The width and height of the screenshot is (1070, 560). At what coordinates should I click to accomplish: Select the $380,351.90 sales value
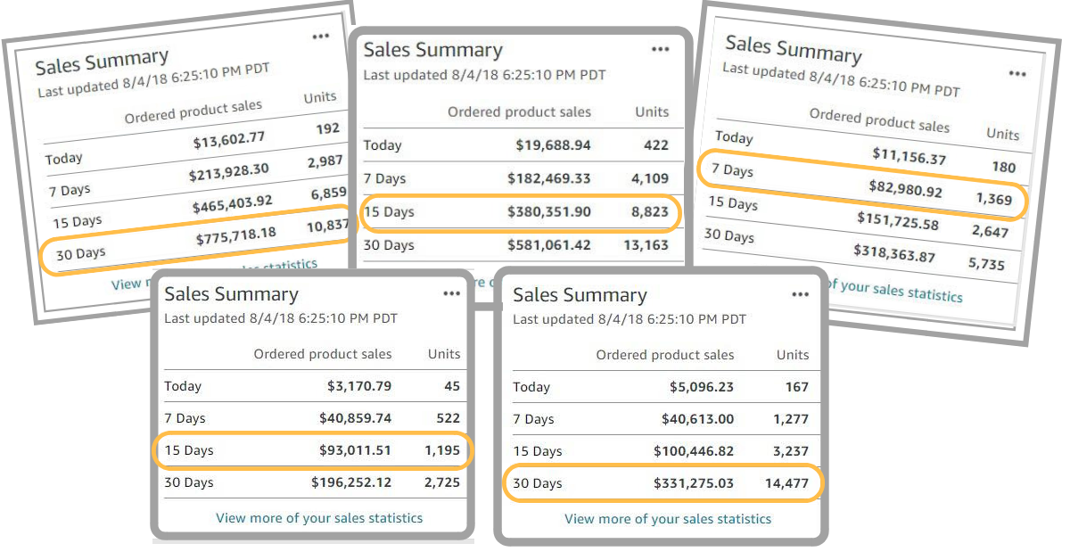(548, 212)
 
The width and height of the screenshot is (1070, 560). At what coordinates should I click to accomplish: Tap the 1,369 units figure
(994, 199)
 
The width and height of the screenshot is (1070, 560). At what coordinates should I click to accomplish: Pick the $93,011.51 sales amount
(355, 450)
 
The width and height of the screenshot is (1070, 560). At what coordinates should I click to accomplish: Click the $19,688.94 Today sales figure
(553, 145)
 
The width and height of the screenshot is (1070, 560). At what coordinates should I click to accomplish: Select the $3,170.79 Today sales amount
(358, 386)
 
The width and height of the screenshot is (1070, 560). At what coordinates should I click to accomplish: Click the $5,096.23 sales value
(702, 387)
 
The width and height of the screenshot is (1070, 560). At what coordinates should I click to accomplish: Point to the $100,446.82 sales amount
(694, 451)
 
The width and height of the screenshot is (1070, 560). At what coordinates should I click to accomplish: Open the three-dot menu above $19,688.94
(660, 50)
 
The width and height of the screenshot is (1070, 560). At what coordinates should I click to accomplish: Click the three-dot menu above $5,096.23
(801, 294)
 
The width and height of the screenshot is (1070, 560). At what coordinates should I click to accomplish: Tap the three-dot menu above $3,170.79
(452, 293)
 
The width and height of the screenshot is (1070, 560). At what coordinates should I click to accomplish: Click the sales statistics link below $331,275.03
(668, 518)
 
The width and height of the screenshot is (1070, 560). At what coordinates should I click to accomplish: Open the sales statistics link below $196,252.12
(319, 517)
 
